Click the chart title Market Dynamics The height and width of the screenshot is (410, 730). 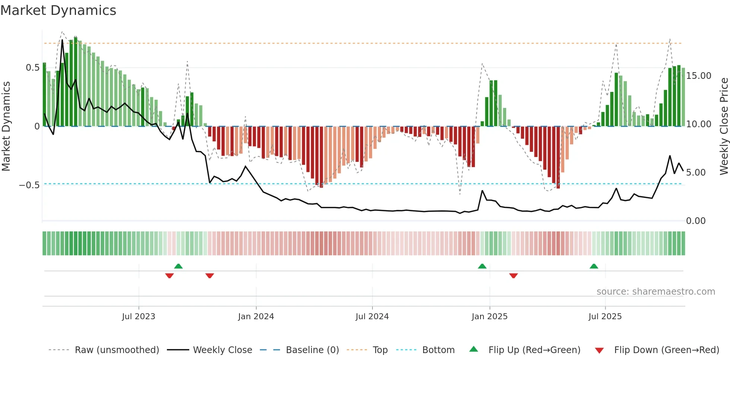tap(58, 10)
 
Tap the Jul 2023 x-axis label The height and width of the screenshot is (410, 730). tap(139, 317)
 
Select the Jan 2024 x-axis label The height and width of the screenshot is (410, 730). tap(256, 317)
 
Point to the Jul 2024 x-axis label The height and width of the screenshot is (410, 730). tap(372, 317)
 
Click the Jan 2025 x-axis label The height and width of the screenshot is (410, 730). tap(489, 317)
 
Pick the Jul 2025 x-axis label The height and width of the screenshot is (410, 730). tap(605, 317)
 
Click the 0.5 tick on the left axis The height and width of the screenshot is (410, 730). tap(33, 68)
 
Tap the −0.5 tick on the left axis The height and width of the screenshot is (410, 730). tap(29, 185)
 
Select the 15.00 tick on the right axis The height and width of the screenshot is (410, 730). tap(699, 76)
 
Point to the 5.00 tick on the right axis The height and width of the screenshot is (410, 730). tap(696, 173)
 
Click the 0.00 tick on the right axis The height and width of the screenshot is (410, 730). tap(696, 221)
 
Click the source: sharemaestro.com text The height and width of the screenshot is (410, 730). tap(656, 292)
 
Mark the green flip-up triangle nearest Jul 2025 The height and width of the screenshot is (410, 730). tap(594, 266)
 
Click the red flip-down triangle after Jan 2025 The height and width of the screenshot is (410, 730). tap(514, 276)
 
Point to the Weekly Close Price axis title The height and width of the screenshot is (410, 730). tap(724, 126)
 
